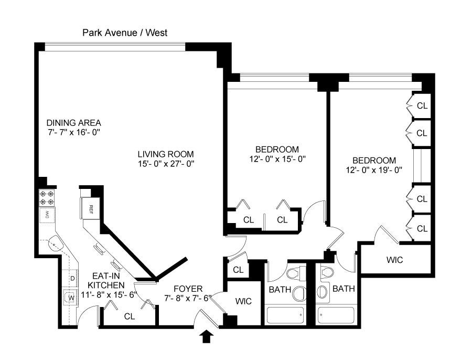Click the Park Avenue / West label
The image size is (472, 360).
(x=125, y=33)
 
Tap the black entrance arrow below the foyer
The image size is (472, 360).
(x=207, y=336)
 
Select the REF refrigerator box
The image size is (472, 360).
(x=91, y=208)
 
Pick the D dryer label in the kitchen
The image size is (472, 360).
(x=72, y=278)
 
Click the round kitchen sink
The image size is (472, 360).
(x=55, y=244)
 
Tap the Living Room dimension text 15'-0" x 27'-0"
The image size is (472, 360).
(x=165, y=163)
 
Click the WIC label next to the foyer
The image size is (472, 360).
(x=243, y=301)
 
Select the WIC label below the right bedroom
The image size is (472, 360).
(x=394, y=259)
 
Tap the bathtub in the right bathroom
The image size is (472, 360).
(x=337, y=315)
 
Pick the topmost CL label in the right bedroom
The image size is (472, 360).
(x=422, y=105)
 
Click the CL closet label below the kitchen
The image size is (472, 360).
(x=128, y=316)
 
